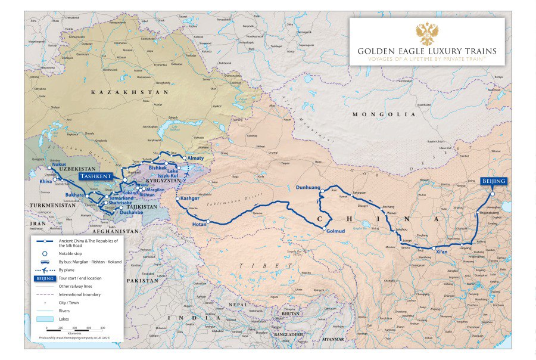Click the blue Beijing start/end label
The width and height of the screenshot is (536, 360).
[x=494, y=181]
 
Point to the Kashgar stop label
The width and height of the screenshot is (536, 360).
[x=190, y=197]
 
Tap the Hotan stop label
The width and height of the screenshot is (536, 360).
[x=200, y=225]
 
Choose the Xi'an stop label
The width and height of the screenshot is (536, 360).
[x=442, y=253]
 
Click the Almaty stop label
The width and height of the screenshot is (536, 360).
[x=195, y=158]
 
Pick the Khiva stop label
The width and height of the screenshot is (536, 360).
[x=46, y=180]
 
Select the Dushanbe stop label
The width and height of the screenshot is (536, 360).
[x=130, y=212]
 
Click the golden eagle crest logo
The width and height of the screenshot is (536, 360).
[x=426, y=33]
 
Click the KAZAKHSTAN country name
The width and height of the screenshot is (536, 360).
[x=122, y=93]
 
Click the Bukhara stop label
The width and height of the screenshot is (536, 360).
[x=74, y=195]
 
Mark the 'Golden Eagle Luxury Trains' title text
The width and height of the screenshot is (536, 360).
[x=426, y=51]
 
